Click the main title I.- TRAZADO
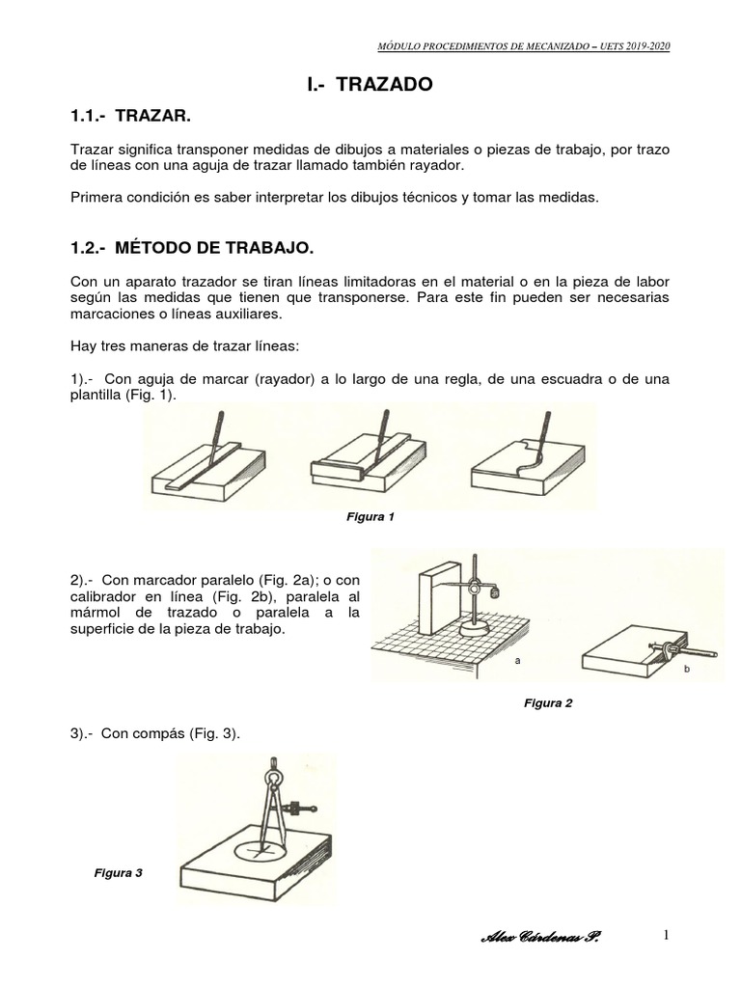pyautogui.click(x=370, y=85)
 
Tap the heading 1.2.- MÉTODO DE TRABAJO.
pyautogui.click(x=192, y=248)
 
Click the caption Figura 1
pyautogui.click(x=370, y=517)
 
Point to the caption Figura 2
pyautogui.click(x=548, y=702)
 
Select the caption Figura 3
pyautogui.click(x=118, y=872)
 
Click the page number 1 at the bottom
pyautogui.click(x=666, y=935)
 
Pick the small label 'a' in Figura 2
pyautogui.click(x=518, y=661)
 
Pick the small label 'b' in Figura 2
pyautogui.click(x=687, y=669)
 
